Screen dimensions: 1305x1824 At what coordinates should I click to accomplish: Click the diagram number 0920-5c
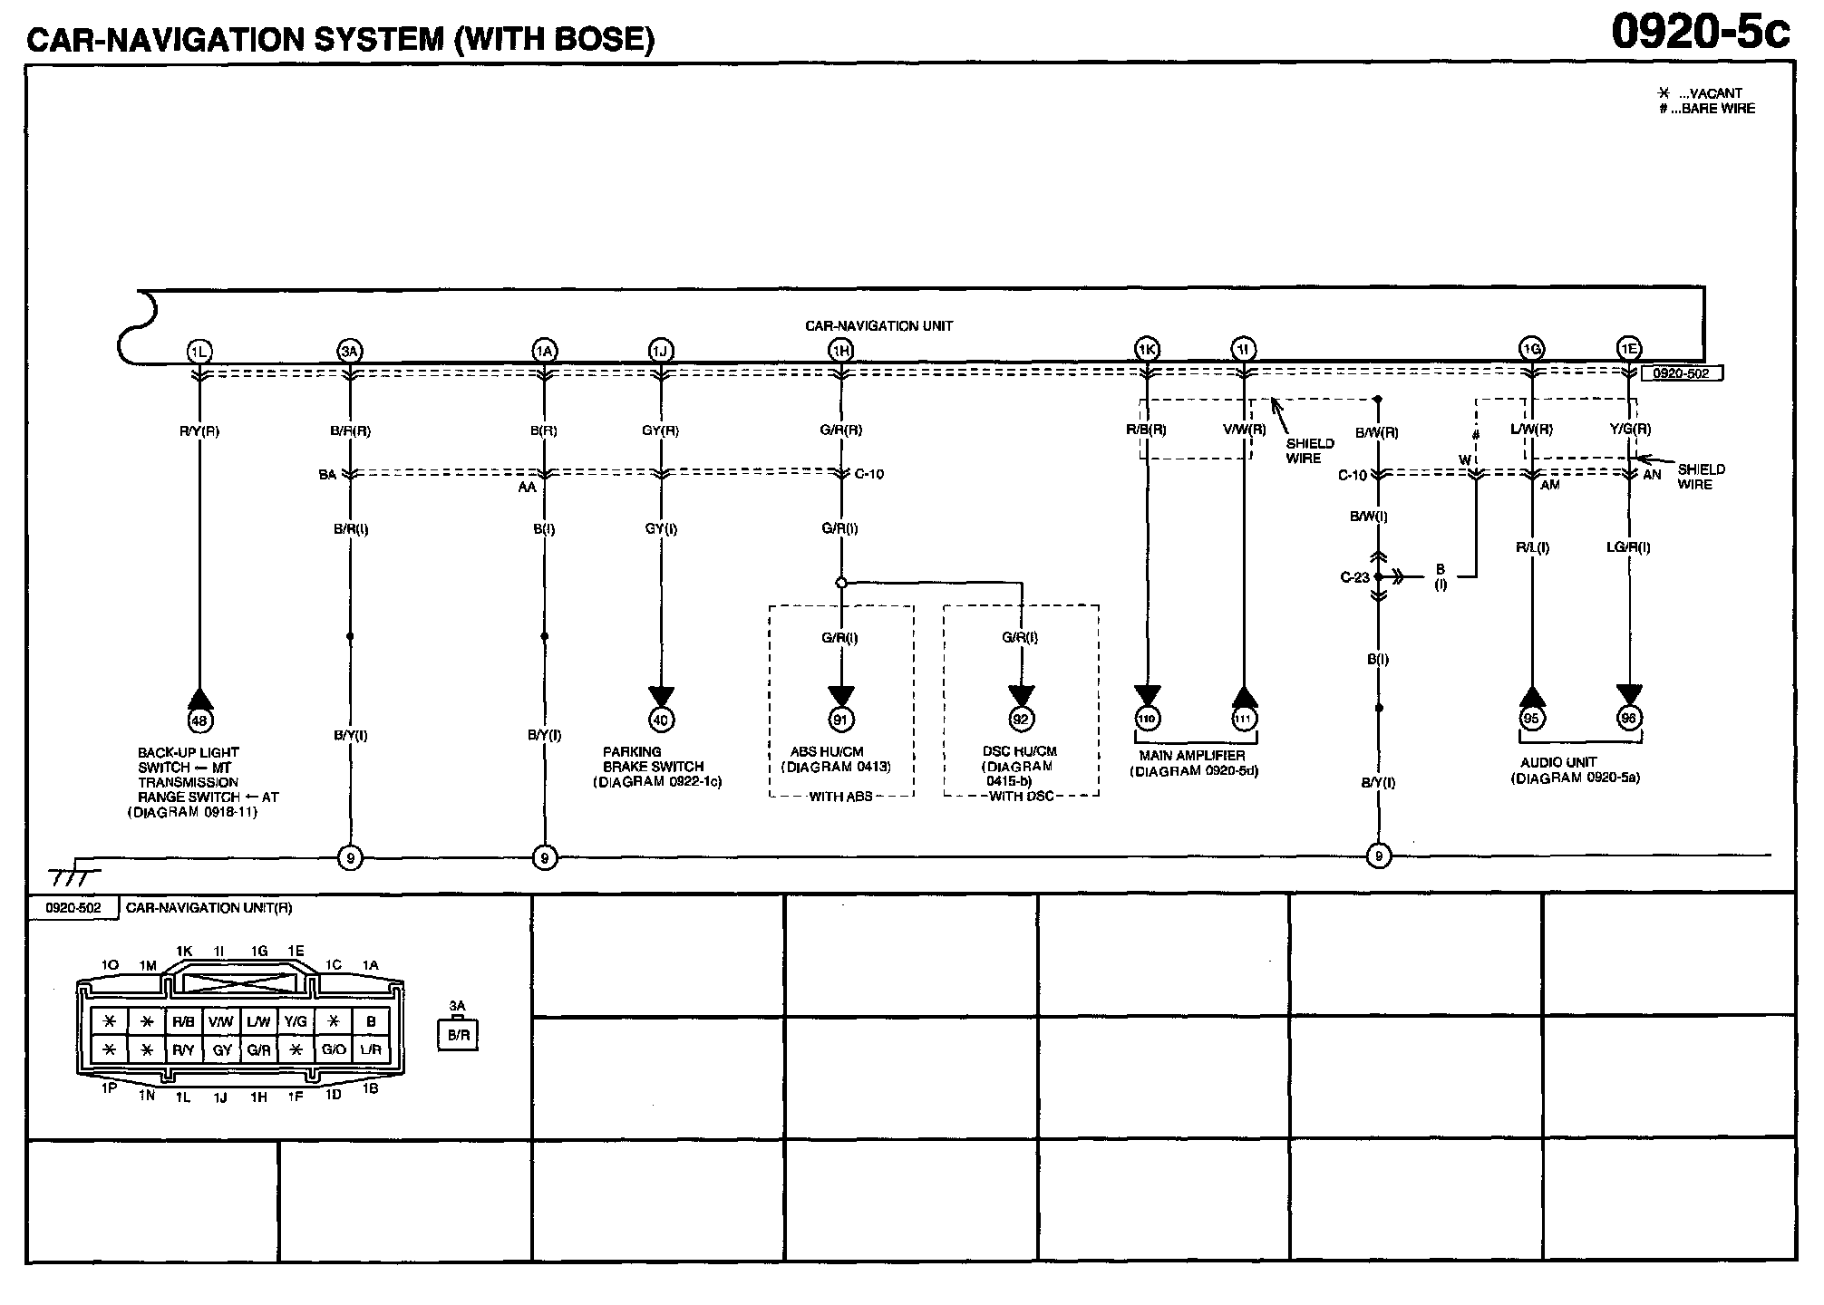click(1701, 33)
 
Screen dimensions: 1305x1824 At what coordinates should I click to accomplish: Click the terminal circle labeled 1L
click(199, 351)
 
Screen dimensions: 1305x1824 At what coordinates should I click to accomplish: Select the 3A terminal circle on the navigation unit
click(350, 351)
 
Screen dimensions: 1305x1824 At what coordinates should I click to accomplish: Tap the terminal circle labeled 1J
click(661, 351)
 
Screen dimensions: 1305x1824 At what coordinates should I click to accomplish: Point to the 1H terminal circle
click(840, 351)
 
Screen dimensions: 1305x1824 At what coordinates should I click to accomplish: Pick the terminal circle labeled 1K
click(1147, 349)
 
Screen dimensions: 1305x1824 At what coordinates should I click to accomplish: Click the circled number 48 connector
click(199, 720)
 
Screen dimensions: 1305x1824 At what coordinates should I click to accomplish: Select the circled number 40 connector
click(661, 720)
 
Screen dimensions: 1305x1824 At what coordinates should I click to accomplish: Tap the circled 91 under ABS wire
click(840, 720)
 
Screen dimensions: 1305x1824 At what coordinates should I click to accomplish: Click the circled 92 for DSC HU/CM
click(1021, 720)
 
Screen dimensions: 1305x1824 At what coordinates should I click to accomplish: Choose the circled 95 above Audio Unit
click(1531, 719)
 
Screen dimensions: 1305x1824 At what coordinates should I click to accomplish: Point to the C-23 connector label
click(1354, 577)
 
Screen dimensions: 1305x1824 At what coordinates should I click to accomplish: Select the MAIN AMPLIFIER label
click(1192, 756)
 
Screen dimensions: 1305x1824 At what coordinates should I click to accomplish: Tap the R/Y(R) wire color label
click(199, 431)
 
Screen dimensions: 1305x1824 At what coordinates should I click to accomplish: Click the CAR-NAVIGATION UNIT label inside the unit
click(878, 325)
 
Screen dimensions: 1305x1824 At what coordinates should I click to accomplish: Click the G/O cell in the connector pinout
click(333, 1049)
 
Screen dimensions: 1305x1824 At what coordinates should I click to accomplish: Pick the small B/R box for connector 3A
click(457, 1036)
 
